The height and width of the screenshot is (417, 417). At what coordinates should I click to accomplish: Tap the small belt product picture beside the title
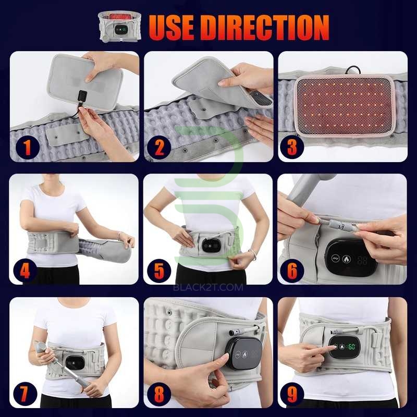(x=119, y=27)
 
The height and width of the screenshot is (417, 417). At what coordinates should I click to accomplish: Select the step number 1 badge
(x=28, y=148)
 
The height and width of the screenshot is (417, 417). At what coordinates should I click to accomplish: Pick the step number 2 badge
(x=159, y=148)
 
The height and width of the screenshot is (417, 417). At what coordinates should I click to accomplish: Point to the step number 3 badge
(x=292, y=148)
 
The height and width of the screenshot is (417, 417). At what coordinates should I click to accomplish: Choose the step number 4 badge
(x=25, y=271)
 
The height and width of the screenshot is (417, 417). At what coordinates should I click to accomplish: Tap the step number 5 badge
(x=159, y=271)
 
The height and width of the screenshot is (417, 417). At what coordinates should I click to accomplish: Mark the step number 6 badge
(x=292, y=271)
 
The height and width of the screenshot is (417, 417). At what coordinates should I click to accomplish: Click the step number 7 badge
(x=25, y=394)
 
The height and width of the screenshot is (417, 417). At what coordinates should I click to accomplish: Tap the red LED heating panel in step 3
(x=345, y=105)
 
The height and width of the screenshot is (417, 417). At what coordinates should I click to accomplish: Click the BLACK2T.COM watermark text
(x=208, y=287)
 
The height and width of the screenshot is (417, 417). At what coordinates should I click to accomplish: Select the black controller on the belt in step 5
(x=212, y=245)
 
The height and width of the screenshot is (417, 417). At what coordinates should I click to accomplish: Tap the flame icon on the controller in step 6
(x=346, y=259)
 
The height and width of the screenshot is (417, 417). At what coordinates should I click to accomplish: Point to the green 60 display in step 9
(x=351, y=347)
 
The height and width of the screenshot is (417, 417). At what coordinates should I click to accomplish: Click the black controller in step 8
(x=243, y=353)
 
